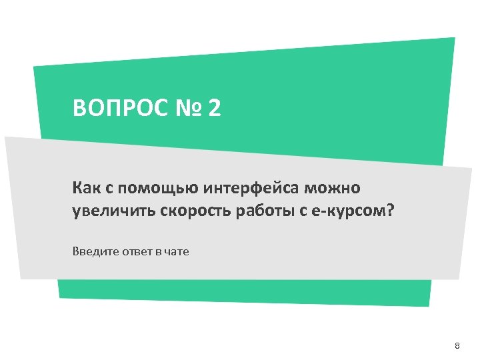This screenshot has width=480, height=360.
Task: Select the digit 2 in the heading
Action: point(213,108)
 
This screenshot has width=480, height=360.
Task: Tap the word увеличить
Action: point(114,211)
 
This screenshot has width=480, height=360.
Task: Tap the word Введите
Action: point(93,252)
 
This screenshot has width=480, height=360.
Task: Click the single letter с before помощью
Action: point(108,189)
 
